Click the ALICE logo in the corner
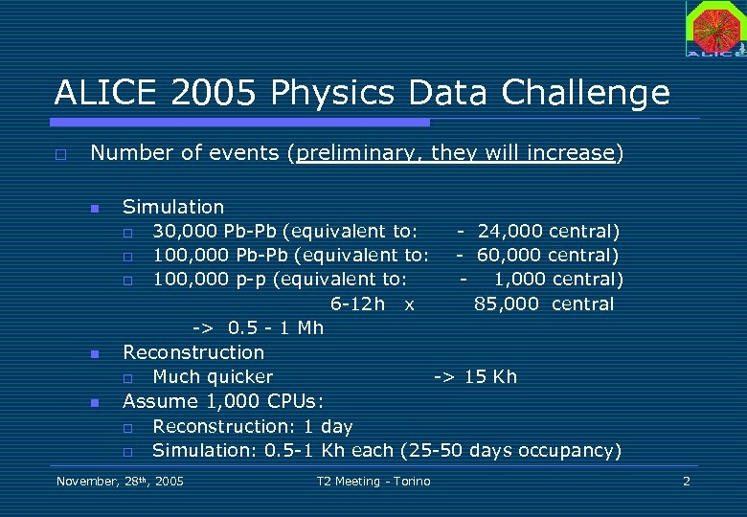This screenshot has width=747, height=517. tap(714, 29)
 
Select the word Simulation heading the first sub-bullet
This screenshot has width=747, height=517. tap(173, 207)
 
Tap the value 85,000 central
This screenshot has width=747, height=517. tap(544, 304)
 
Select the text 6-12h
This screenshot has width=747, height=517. tap(357, 304)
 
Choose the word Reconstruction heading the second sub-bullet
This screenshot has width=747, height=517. tap(193, 352)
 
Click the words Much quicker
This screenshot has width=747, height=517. tap(213, 377)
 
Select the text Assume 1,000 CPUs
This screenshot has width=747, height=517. tap(209, 401)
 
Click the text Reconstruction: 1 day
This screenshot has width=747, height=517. tap(253, 426)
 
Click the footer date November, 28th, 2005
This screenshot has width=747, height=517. tap(120, 481)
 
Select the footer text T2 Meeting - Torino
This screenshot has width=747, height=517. tap(373, 481)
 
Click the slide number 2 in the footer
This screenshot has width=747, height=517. tap(686, 481)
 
